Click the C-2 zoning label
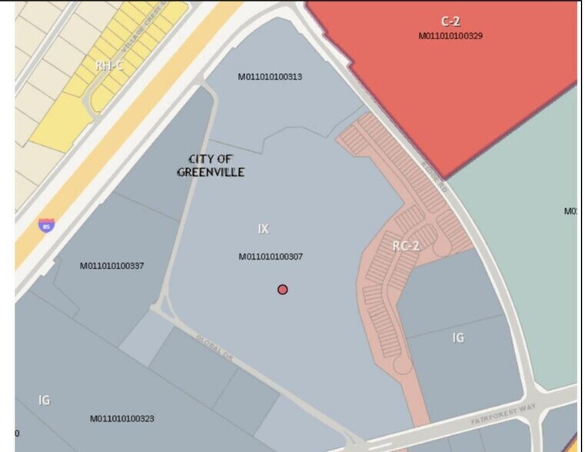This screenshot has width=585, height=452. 450,22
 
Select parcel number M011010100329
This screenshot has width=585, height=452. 450,35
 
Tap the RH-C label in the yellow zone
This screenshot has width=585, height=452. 110,66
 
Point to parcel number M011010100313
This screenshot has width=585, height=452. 270,76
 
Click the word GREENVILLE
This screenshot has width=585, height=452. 211,172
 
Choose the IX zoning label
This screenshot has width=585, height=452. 264,228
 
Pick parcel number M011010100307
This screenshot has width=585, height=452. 271,256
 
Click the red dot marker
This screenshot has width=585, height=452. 283,289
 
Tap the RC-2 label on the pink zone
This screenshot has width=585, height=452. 405,246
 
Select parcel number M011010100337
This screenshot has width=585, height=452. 112,266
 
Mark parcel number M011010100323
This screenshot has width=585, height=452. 122,418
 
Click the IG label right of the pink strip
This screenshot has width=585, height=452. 458,337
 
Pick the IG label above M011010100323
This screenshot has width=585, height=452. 45,399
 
